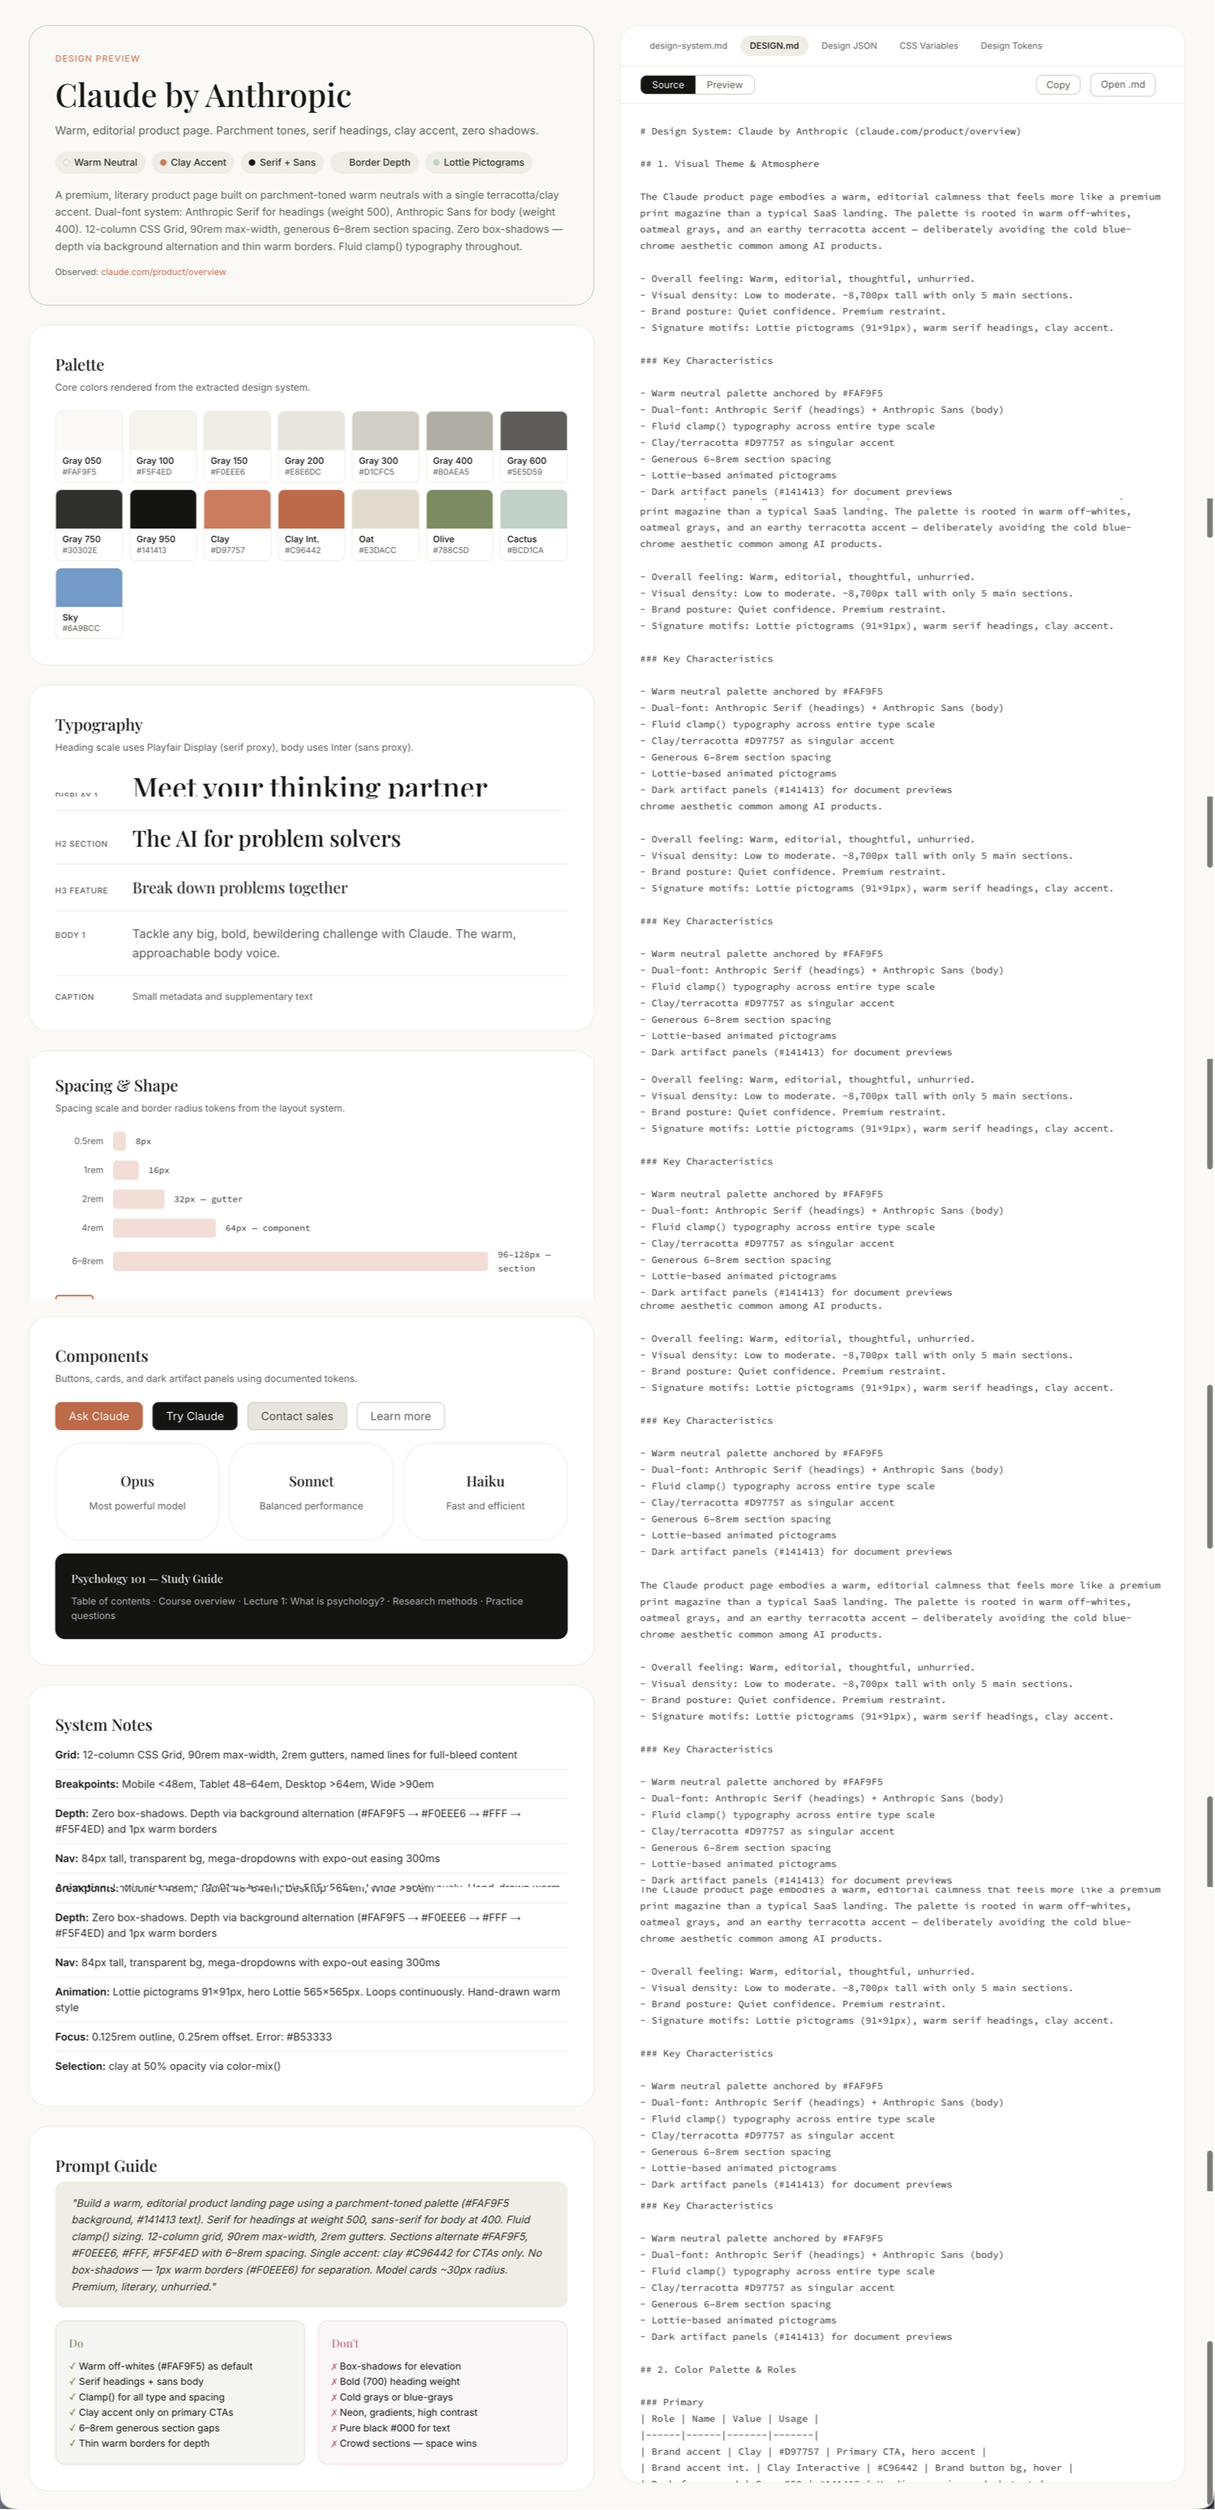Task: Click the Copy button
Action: click(1057, 85)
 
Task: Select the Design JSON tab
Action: click(848, 45)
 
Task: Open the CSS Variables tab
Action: click(927, 45)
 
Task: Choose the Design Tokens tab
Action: click(1011, 45)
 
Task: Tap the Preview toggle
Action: click(724, 85)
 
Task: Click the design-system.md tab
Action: click(688, 45)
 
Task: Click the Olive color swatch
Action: click(459, 510)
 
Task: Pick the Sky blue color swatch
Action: click(88, 588)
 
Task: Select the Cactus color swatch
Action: click(533, 510)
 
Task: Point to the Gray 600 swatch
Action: click(533, 431)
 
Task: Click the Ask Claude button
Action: click(98, 1416)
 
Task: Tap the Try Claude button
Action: click(195, 1416)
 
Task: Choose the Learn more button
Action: click(400, 1416)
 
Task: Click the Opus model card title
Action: click(137, 1481)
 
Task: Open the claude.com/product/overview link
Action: click(164, 272)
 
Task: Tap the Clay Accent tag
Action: click(193, 163)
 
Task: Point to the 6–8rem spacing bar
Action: click(300, 1261)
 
